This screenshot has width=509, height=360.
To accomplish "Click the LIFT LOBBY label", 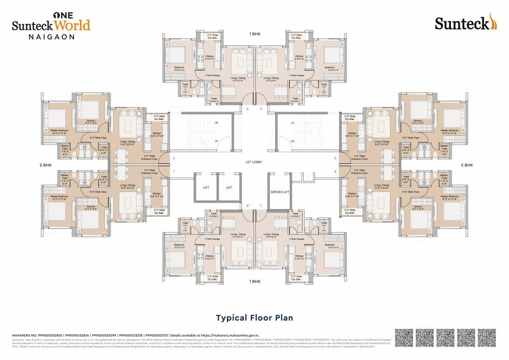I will click(254, 162).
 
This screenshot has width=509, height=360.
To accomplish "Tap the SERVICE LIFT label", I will click(279, 192).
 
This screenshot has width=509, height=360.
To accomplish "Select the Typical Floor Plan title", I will click(254, 318).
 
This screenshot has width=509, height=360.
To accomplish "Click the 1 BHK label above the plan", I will click(255, 34).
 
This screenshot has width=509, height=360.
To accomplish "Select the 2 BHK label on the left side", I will click(45, 165).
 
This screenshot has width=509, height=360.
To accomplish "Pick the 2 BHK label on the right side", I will click(467, 165).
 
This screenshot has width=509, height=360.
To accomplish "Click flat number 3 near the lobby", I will click(247, 109).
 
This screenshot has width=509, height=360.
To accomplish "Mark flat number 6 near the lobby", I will click(335, 172).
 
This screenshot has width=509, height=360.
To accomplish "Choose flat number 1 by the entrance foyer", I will click(173, 172).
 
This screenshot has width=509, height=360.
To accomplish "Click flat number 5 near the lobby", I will click(335, 158).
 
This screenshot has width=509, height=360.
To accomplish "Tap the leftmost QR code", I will click(404, 338).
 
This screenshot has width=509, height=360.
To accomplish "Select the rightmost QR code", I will click(489, 338).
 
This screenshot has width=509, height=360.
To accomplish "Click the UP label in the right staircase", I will click(293, 123).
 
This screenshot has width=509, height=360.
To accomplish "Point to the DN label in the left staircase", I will click(216, 123).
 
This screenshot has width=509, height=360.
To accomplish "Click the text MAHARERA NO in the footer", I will click(26, 336).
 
